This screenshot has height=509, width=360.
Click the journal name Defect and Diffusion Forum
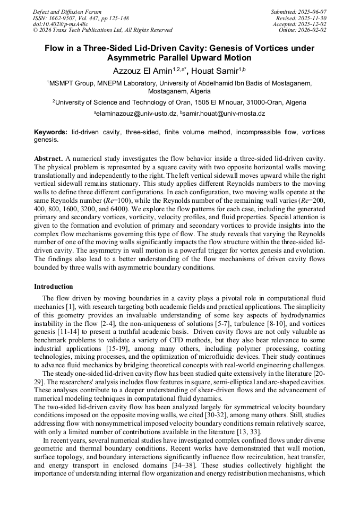(67, 12)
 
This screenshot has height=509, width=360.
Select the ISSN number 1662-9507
(64, 18)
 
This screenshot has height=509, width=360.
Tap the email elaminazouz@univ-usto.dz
(136, 114)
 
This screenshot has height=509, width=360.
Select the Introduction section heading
(54, 287)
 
